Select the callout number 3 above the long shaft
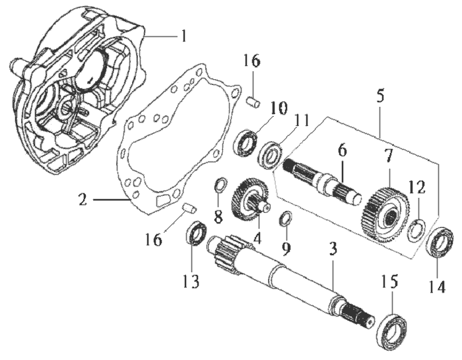(333, 249)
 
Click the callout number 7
(389, 157)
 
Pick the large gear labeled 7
(381, 214)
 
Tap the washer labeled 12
(415, 231)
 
